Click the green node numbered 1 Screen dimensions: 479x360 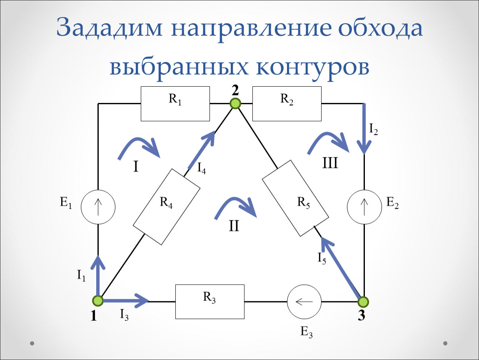click(x=98, y=301)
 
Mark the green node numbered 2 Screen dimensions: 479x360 click(x=235, y=104)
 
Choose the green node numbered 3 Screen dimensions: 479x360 click(x=363, y=302)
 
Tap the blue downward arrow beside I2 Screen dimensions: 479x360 click(x=364, y=129)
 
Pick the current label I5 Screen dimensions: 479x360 click(x=322, y=258)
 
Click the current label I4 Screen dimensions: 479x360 click(x=201, y=168)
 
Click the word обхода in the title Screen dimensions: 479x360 click(x=380, y=28)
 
